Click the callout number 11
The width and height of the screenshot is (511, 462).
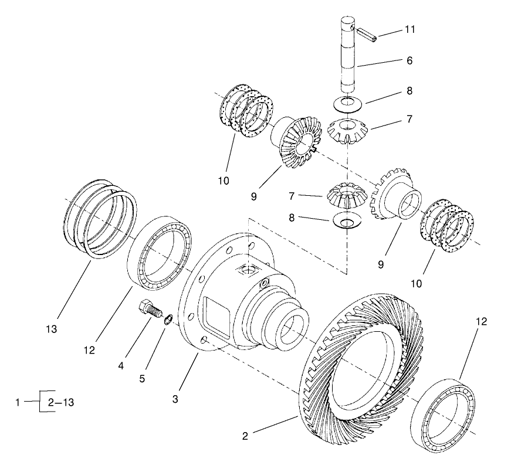coord(410,30)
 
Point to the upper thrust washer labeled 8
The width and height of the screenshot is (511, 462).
coord(347,103)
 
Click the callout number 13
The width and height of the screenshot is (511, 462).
coord(52,329)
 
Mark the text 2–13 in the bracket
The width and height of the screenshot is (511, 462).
coord(61,402)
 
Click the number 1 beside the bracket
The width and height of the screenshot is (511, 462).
coord(19,402)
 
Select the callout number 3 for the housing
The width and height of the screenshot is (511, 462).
coord(175,400)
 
